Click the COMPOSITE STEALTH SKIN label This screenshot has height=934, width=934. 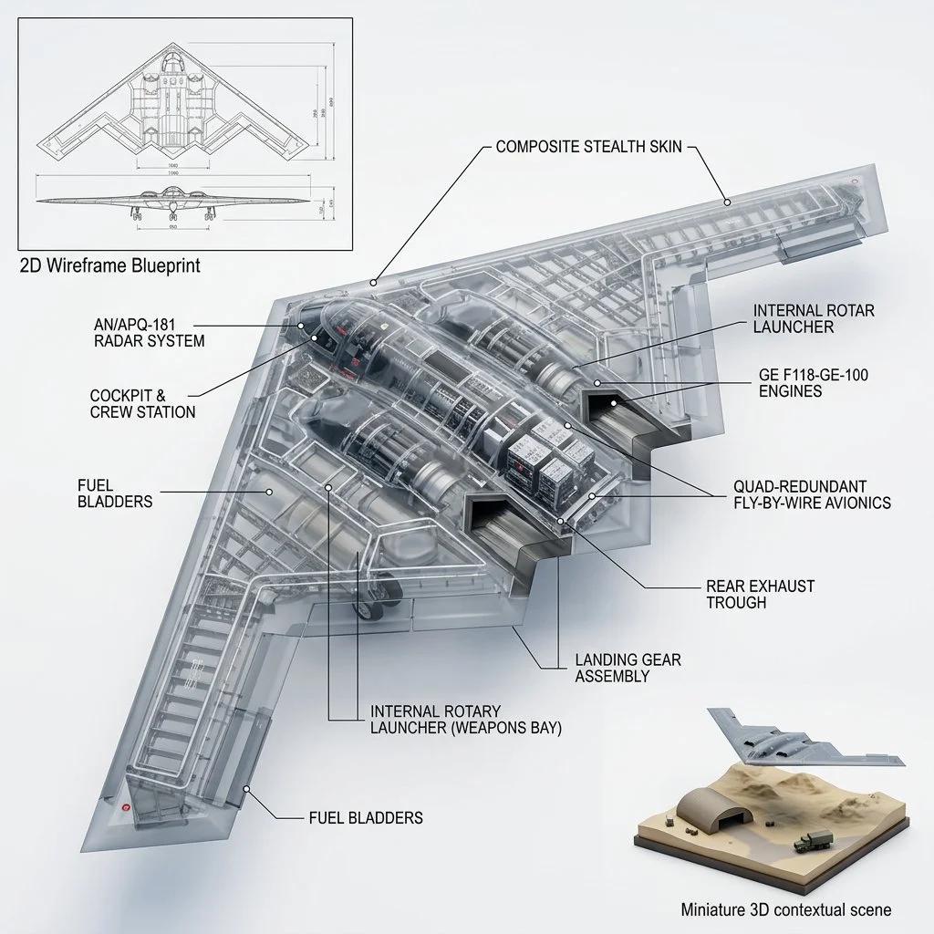[x=588, y=146]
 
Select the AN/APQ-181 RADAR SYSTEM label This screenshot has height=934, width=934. [x=149, y=333]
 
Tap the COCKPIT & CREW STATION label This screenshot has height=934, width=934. [x=142, y=404]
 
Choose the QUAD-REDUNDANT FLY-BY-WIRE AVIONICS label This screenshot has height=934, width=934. [x=812, y=494]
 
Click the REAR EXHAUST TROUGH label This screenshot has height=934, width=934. [x=761, y=594]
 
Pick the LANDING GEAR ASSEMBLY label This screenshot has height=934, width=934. [x=628, y=668]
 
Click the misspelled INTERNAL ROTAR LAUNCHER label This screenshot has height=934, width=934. [x=814, y=318]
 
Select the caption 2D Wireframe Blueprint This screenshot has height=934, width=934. [x=109, y=266]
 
